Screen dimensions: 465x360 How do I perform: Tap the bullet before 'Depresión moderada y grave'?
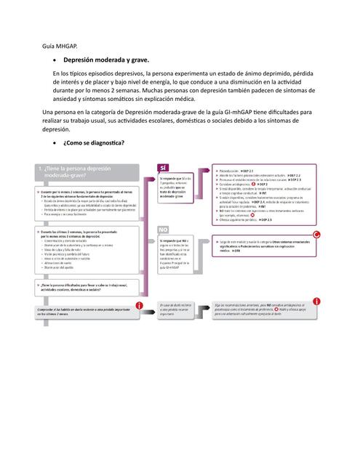click(56, 60)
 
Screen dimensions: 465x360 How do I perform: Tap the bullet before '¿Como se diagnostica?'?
click(56, 142)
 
